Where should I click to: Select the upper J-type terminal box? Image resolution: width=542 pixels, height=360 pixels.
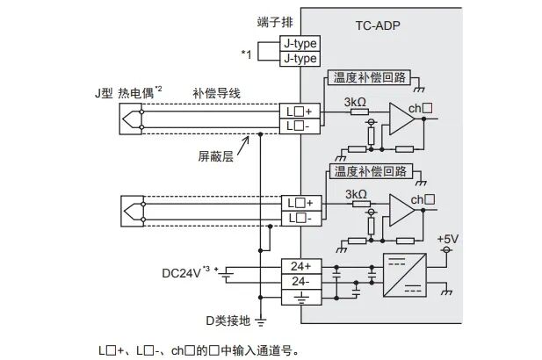pyautogui.click(x=299, y=43)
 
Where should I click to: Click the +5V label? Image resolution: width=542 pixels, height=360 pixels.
pyautogui.click(x=447, y=239)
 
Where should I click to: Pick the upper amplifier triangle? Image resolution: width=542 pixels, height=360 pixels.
pyautogui.click(x=401, y=119)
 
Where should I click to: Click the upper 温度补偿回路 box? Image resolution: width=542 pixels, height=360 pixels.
pyautogui.click(x=369, y=77)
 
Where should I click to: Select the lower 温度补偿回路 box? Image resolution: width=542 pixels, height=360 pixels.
pyautogui.click(x=369, y=169)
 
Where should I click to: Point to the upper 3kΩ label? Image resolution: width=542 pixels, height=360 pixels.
pyautogui.click(x=356, y=102)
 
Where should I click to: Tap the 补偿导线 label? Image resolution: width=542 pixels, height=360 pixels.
pyautogui.click(x=214, y=92)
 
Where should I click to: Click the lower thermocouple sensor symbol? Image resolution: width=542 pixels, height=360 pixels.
pyautogui.click(x=132, y=209)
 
